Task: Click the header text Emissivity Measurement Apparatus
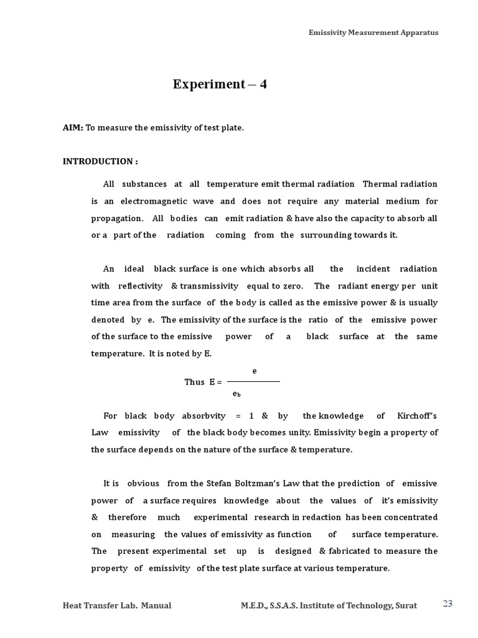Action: [373, 32]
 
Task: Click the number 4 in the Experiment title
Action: [263, 84]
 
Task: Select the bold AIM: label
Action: [73, 128]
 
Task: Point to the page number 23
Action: [448, 603]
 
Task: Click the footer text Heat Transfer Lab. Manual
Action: [117, 606]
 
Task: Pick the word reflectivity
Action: [141, 286]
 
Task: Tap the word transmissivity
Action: [210, 286]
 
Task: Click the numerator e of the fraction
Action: [254, 371]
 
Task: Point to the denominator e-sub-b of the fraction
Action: [237, 394]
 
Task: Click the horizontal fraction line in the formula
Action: [253, 381]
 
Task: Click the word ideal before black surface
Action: [134, 269]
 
